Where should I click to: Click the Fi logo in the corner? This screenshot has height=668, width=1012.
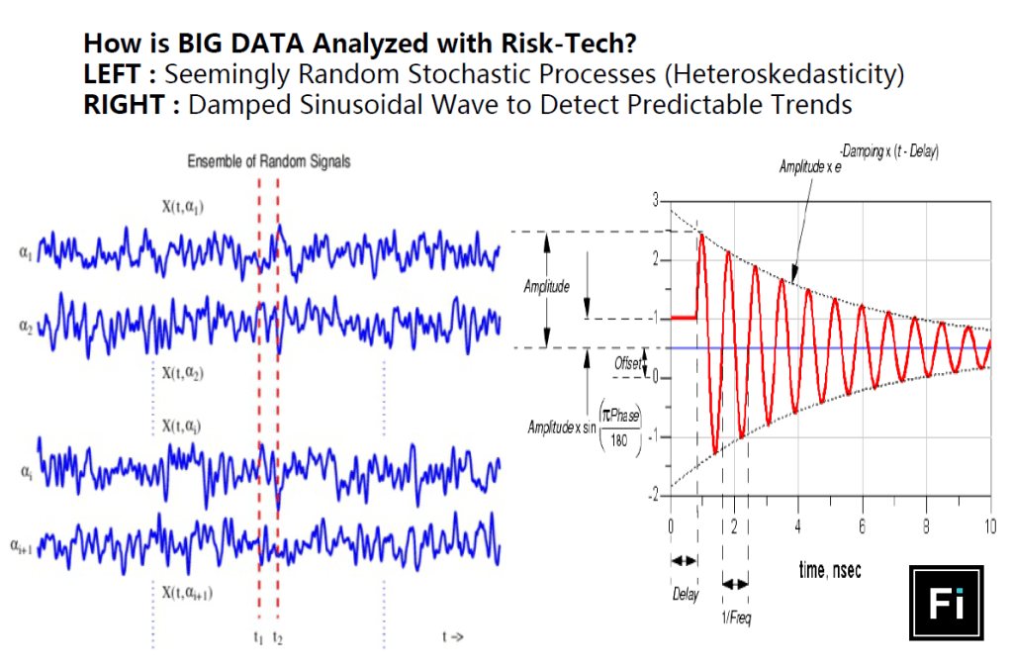(945, 603)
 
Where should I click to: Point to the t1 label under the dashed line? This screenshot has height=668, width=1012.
(257, 638)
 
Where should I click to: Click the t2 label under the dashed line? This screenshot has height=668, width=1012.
(278, 638)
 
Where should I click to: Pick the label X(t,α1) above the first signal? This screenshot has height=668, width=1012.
(185, 206)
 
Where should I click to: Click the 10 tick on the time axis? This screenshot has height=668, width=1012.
(990, 525)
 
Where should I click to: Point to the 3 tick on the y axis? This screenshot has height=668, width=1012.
(654, 201)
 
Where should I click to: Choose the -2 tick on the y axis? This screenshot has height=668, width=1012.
(651, 496)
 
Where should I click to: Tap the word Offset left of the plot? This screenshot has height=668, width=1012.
(628, 364)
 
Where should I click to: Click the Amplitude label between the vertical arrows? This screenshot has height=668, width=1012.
(547, 287)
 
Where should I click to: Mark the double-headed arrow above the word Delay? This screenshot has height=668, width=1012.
(684, 561)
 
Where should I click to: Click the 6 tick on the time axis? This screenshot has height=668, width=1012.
(862, 525)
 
